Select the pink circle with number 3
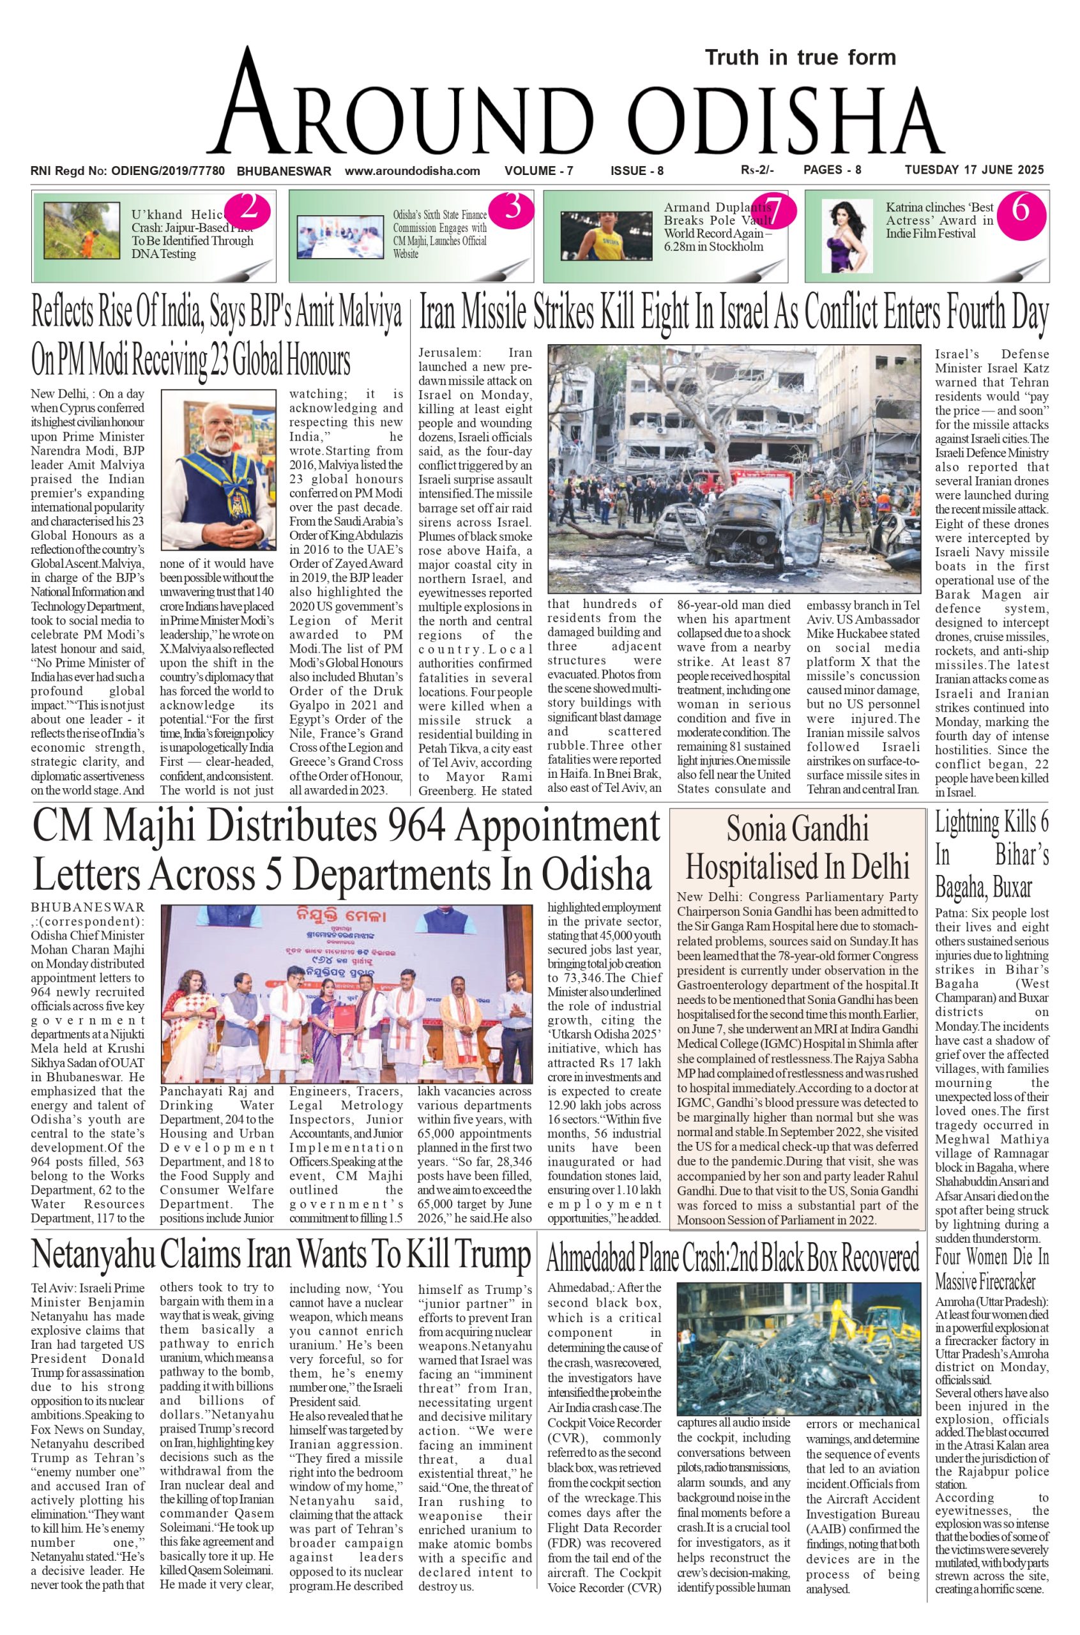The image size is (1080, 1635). (x=512, y=209)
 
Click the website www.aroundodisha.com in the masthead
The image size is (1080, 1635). (x=412, y=171)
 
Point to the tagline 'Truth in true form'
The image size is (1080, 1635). (x=800, y=57)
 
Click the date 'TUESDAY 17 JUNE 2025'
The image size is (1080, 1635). (x=974, y=170)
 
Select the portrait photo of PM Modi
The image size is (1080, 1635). (x=218, y=469)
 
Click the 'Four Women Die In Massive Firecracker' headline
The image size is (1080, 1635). (x=991, y=1268)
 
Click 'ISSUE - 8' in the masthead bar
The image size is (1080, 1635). (x=636, y=171)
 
